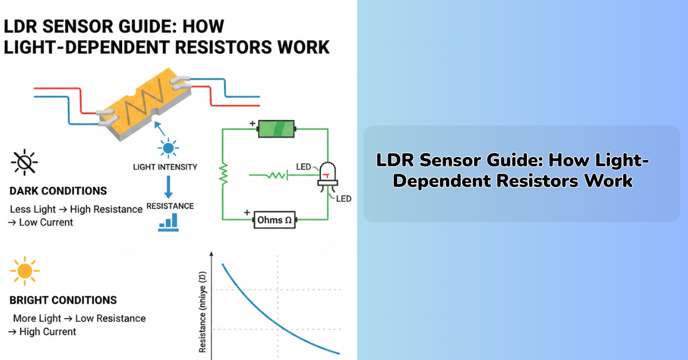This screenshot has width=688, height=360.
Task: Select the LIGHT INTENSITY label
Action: pyautogui.click(x=165, y=167)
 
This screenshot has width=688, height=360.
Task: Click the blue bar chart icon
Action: pyautogui.click(x=169, y=224)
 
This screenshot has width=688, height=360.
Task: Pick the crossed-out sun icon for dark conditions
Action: pyautogui.click(x=25, y=164)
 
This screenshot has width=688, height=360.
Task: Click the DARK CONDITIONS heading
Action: pyautogui.click(x=58, y=191)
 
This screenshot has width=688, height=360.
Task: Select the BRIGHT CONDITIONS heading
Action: pyautogui.click(x=63, y=300)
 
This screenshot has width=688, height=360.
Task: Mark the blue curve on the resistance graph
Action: pyautogui.click(x=269, y=315)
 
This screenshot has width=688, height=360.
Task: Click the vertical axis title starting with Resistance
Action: pyautogui.click(x=202, y=321)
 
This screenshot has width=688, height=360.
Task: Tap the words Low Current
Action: pyautogui.click(x=46, y=222)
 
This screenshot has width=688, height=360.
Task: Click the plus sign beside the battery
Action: pyautogui.click(x=251, y=123)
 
